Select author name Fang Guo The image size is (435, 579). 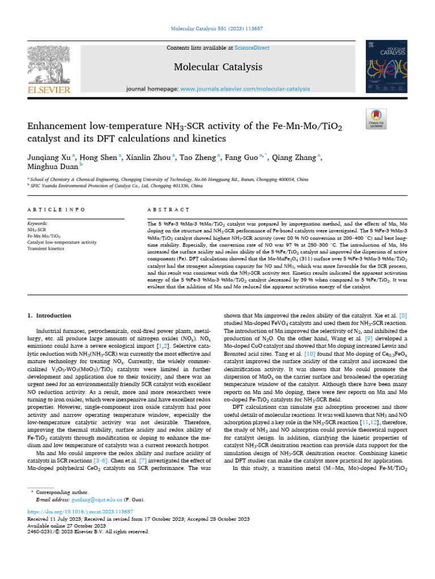[x=240, y=158]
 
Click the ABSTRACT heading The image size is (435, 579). [x=168, y=210]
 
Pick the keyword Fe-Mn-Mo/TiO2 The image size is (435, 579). [x=45, y=236]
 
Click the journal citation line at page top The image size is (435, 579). [x=217, y=28]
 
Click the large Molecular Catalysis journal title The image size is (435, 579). [x=217, y=67]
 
